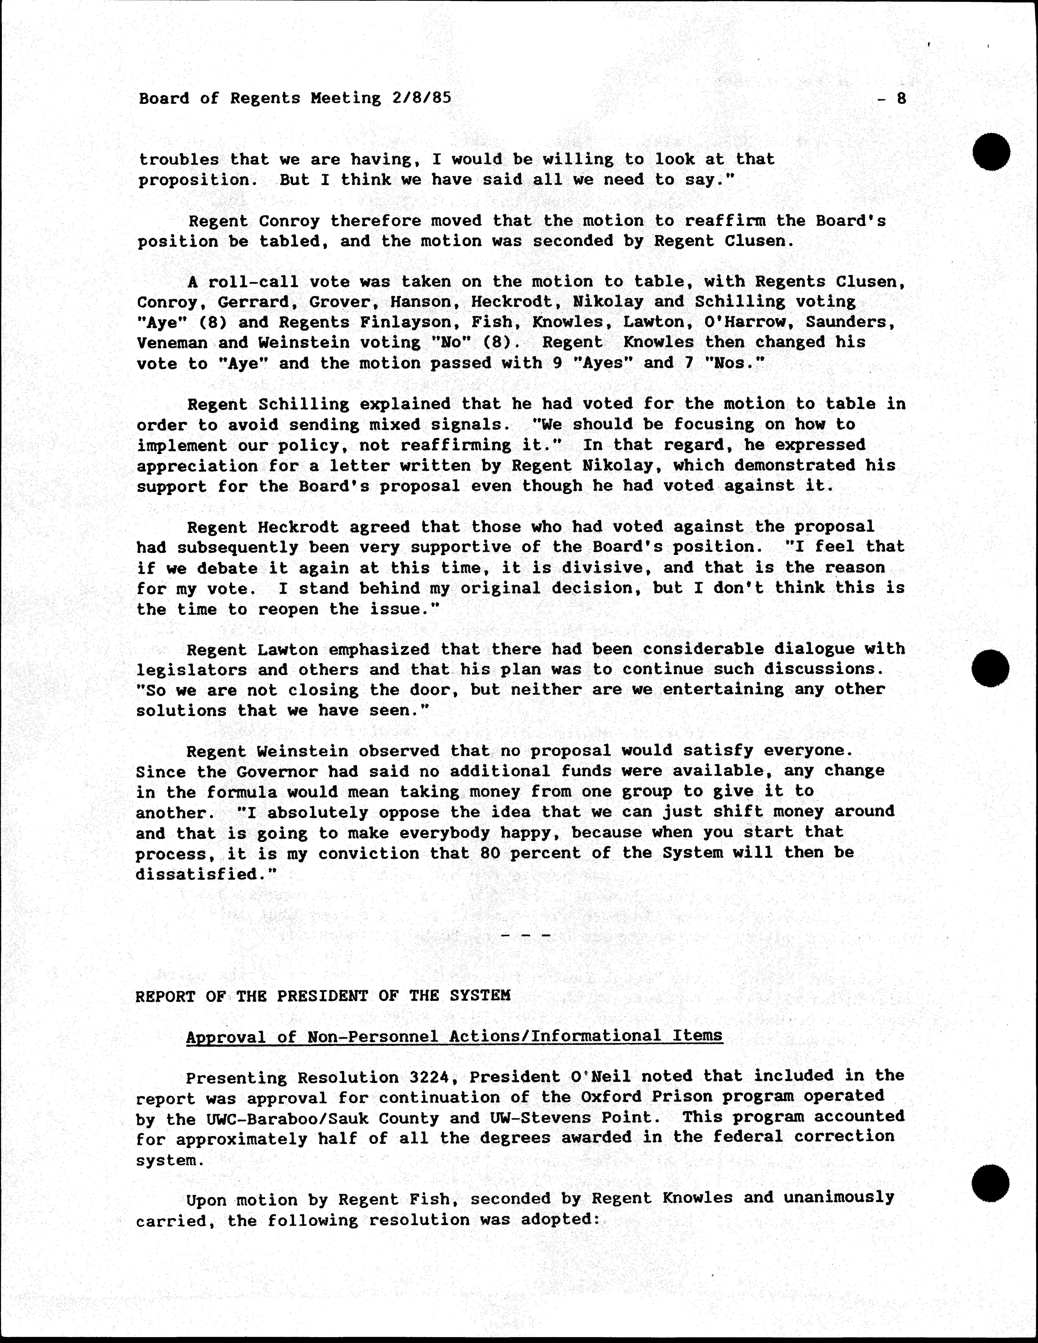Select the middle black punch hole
click(991, 668)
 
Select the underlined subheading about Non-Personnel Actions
click(454, 1036)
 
